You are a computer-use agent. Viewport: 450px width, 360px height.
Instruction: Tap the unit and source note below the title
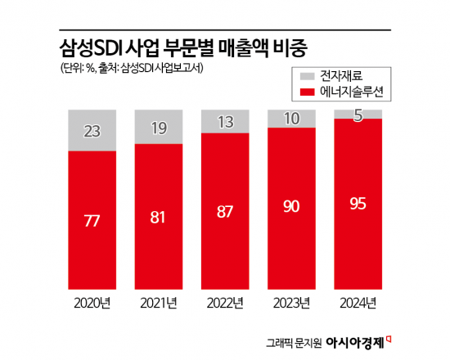pyautogui.click(x=132, y=68)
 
